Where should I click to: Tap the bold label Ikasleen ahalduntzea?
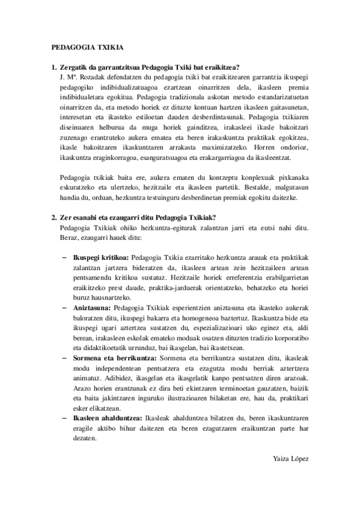point(106,414)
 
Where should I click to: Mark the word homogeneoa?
point(206,317)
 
